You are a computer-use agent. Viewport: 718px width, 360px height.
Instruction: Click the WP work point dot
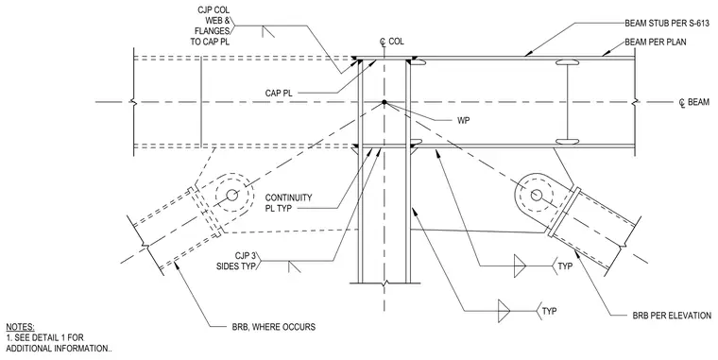(385, 102)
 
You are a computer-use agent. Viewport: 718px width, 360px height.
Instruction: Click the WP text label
(464, 121)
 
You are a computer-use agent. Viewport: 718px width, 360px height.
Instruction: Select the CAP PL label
(279, 94)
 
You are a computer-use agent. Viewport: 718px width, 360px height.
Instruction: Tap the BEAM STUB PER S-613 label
(667, 23)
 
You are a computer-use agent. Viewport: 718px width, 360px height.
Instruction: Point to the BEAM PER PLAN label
(656, 43)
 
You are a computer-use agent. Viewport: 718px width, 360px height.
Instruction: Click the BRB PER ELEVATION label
(672, 316)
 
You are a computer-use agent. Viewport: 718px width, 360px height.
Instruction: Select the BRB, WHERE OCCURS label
(273, 327)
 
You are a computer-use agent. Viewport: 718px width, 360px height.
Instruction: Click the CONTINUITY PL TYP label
(288, 203)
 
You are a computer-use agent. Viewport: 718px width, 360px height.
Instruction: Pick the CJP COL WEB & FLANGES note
(210, 26)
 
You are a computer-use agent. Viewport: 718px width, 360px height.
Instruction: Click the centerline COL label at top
(391, 42)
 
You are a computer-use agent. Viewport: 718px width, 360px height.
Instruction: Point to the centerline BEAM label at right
(694, 102)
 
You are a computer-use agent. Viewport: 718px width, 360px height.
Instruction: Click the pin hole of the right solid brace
(537, 196)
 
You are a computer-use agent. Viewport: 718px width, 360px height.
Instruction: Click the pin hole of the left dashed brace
(231, 195)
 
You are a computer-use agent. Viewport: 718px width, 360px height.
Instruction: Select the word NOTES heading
(20, 327)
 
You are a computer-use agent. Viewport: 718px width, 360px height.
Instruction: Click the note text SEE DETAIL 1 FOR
(45, 338)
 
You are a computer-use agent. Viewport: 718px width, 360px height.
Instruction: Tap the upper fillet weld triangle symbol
(520, 266)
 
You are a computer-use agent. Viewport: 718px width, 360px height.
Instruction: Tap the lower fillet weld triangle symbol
(504, 311)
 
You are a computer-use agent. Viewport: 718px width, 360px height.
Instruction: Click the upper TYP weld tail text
(565, 266)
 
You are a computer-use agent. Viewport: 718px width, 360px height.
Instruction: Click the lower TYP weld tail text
(549, 312)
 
